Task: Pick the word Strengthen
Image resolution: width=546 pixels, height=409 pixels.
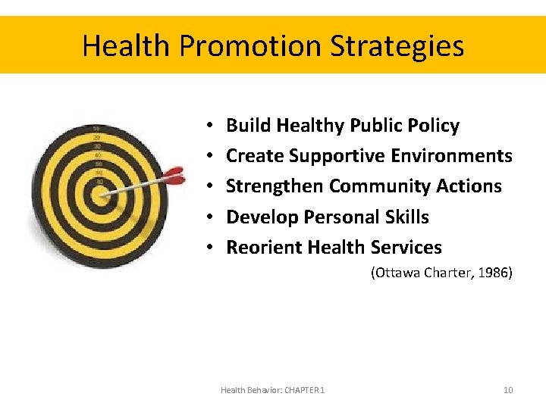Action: coord(275,186)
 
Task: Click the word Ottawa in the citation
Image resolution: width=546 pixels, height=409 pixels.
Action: coord(395,273)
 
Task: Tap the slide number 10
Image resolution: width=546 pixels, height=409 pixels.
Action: coord(508,390)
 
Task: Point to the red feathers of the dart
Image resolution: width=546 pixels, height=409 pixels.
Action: coord(174,176)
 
